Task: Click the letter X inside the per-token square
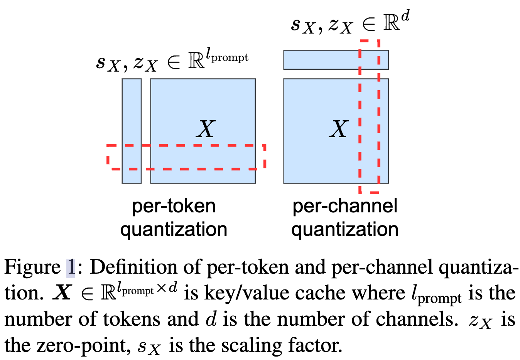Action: pos(206,129)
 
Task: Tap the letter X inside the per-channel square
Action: pos(339,129)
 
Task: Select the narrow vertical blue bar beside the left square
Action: pos(132,116)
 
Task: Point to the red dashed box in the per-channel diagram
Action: pos(360,116)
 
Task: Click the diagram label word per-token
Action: pos(174,206)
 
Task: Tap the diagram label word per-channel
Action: pos(345,206)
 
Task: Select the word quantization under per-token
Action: pos(174,230)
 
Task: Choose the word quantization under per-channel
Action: pos(345,230)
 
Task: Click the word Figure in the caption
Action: pos(32,267)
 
